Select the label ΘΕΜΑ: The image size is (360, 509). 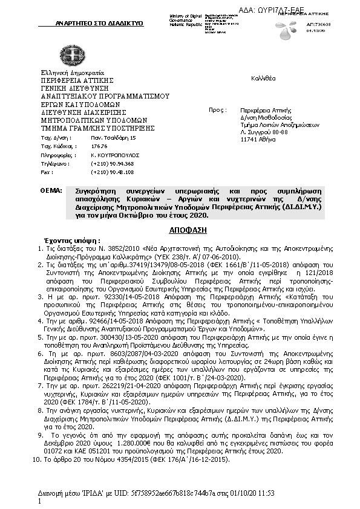click(51, 190)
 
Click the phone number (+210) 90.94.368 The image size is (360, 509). click(112, 163)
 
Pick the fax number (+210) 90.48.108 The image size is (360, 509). click(112, 172)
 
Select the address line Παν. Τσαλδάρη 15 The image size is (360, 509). click(113, 138)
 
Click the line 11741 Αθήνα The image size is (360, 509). click(258, 139)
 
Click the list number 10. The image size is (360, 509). click(35, 460)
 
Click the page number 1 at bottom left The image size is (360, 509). click(39, 501)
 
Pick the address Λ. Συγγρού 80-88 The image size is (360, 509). click(265, 132)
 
